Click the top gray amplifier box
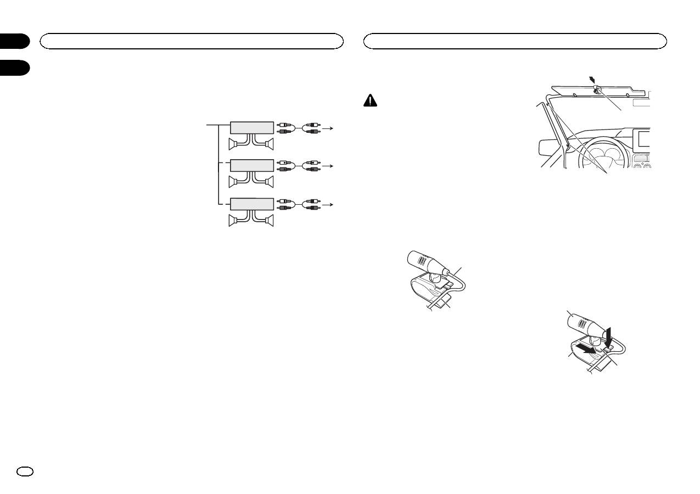251,127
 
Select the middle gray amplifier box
251,165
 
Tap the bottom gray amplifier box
251,204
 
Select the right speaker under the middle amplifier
268,182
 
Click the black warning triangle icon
371,100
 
